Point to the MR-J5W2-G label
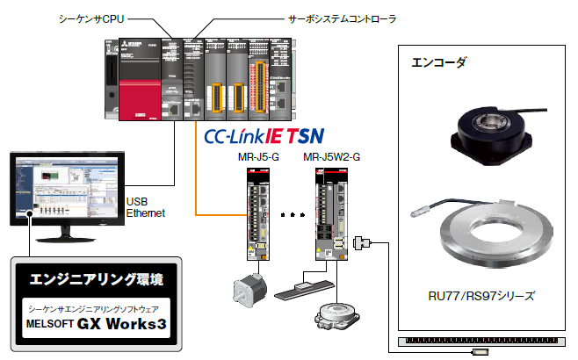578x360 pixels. [331, 157]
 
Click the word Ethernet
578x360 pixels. [145, 212]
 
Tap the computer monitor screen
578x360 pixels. [62, 190]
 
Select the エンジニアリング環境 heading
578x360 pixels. [91, 280]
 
